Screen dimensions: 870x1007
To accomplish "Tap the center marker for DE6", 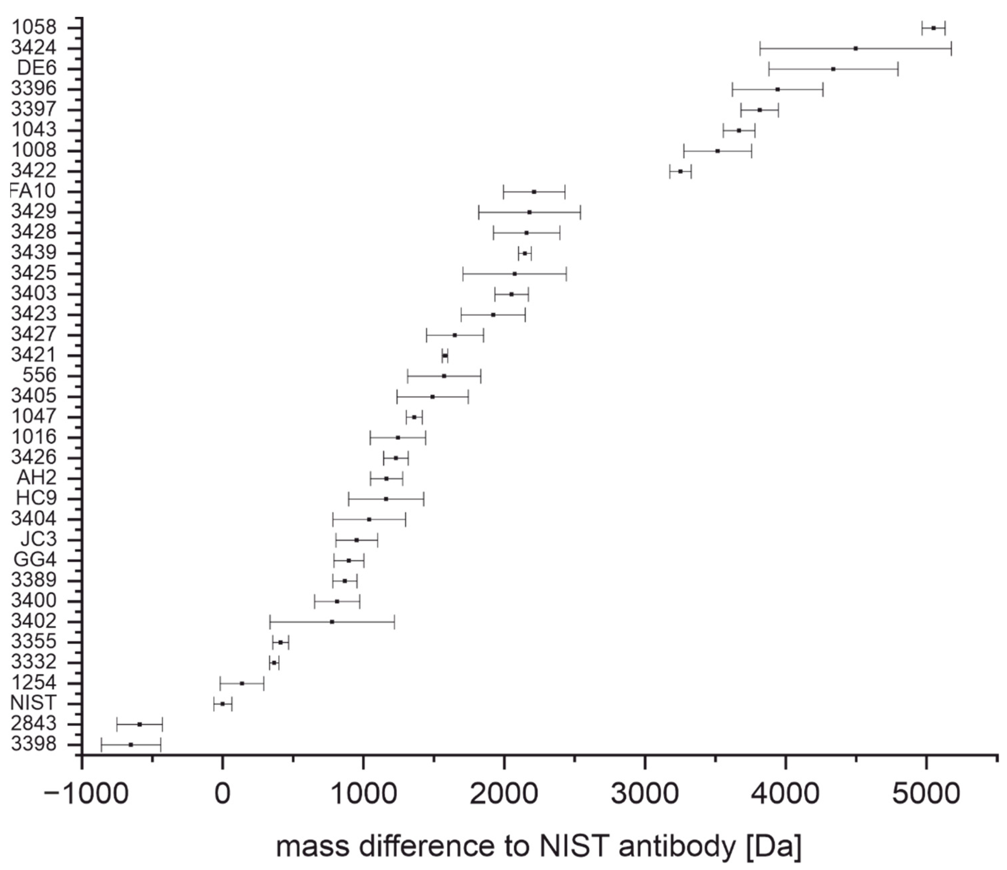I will (x=833, y=69).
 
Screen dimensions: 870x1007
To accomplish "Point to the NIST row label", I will (x=33, y=703).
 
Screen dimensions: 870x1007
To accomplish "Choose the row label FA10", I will (x=33, y=191).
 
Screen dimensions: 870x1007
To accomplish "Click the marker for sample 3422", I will (x=680, y=171).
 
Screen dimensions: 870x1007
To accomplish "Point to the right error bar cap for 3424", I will (x=951, y=49).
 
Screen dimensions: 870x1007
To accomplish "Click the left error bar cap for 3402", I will (x=270, y=622).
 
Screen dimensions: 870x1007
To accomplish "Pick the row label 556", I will (x=40, y=375).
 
